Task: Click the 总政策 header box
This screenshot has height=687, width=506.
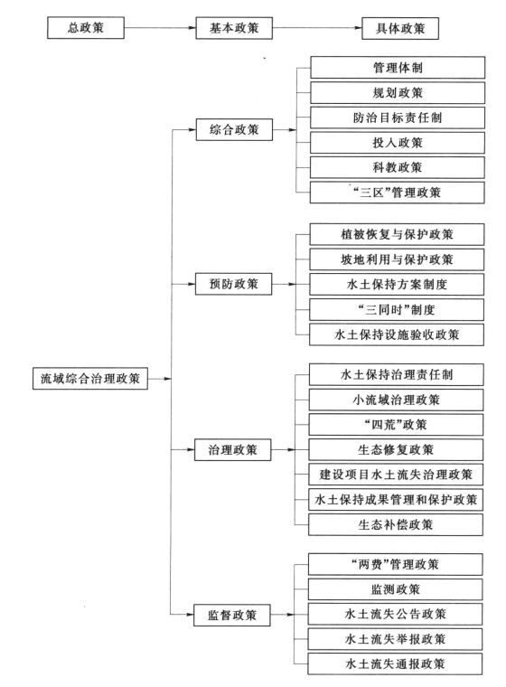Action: (x=86, y=28)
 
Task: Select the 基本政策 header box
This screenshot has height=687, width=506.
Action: (x=234, y=28)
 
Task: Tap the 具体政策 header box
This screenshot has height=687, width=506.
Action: (x=400, y=29)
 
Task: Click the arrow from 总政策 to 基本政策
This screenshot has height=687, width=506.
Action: (x=160, y=28)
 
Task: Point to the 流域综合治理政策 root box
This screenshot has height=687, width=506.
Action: (x=90, y=379)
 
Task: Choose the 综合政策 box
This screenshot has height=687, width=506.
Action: (x=234, y=129)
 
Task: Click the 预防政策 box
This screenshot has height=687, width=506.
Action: (x=233, y=284)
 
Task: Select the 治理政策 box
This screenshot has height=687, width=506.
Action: (x=232, y=449)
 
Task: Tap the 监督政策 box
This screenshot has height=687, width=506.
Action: (x=232, y=615)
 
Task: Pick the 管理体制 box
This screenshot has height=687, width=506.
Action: (x=398, y=68)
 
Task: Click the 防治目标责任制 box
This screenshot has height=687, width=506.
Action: (x=398, y=118)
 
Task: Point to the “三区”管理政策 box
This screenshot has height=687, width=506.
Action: (x=398, y=193)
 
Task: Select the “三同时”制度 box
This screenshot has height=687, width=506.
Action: (x=397, y=310)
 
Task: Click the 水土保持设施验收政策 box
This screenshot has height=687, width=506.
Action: (x=397, y=334)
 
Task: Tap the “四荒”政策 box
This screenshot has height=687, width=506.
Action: (x=396, y=425)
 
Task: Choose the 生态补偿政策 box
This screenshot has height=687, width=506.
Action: (x=396, y=524)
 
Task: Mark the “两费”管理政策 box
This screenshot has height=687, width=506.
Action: (x=395, y=564)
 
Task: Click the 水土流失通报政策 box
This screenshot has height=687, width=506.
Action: (x=395, y=663)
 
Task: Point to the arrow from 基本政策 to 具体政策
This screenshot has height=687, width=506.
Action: (x=317, y=28)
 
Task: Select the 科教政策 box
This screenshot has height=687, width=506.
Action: (x=398, y=167)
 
